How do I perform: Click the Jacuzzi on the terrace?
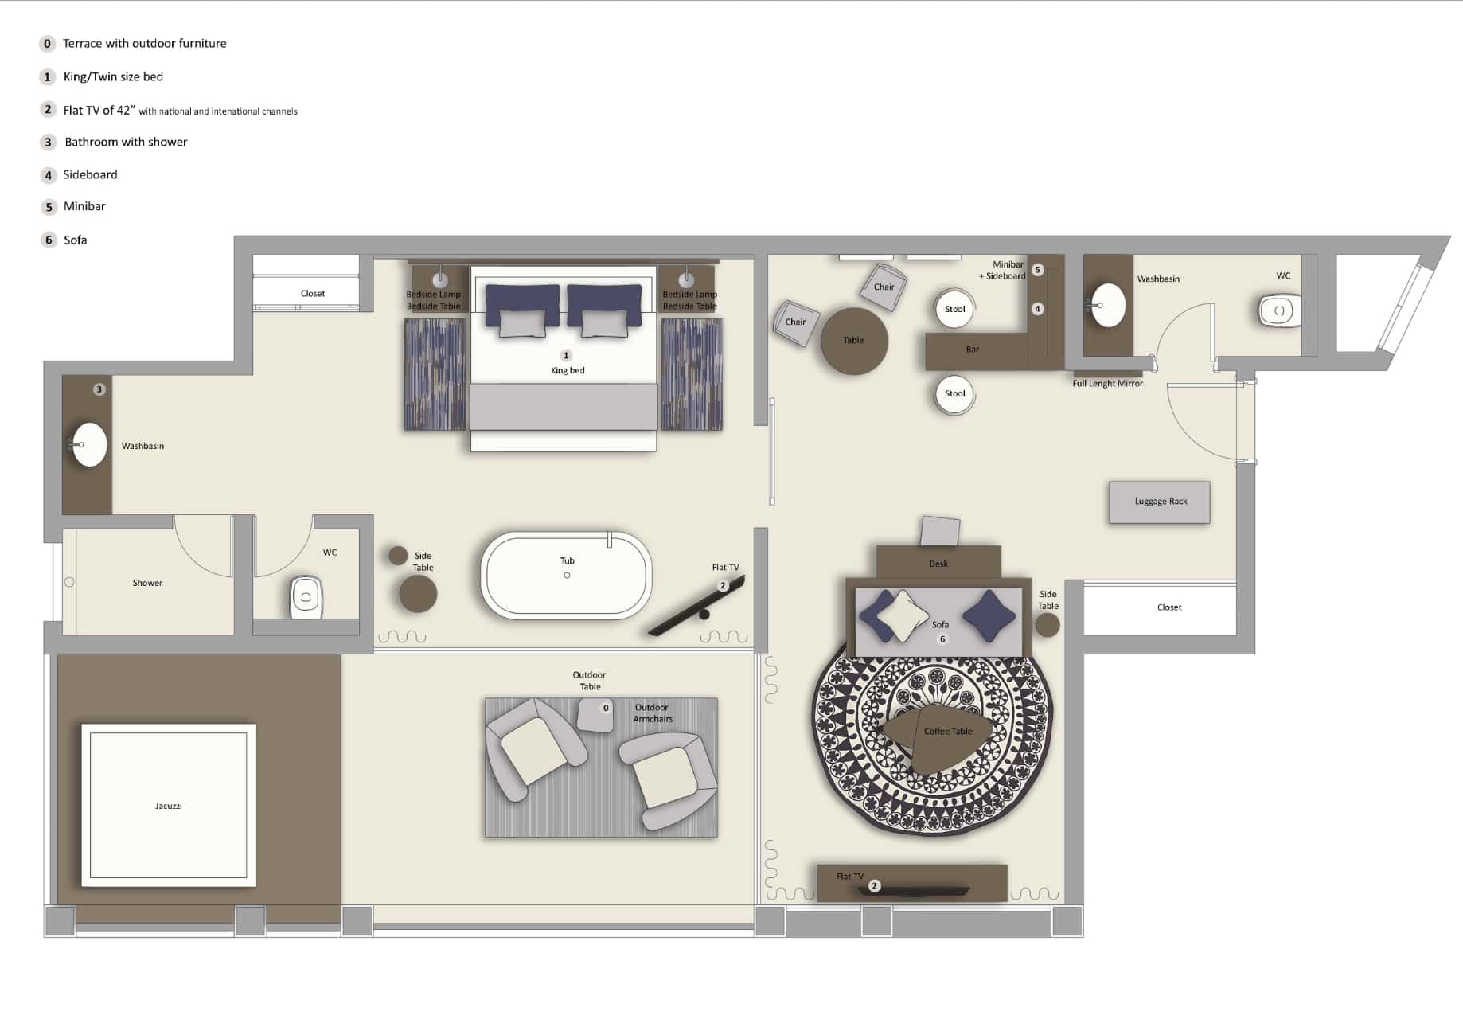click(168, 805)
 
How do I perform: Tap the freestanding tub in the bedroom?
click(566, 576)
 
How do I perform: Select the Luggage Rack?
click(1160, 502)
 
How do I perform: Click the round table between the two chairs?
click(853, 341)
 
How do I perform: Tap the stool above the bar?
click(954, 309)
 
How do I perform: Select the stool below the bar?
click(954, 393)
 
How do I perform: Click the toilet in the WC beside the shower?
click(306, 596)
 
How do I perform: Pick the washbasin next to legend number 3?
click(89, 444)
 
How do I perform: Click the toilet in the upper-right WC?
click(1278, 310)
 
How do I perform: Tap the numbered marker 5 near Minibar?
click(1037, 270)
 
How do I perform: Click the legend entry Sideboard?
click(90, 174)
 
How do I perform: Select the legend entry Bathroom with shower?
click(126, 142)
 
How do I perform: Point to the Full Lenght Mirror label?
click(1107, 384)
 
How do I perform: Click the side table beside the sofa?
click(1048, 625)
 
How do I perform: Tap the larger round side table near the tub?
click(418, 594)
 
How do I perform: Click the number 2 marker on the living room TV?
click(874, 885)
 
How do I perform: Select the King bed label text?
click(568, 370)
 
